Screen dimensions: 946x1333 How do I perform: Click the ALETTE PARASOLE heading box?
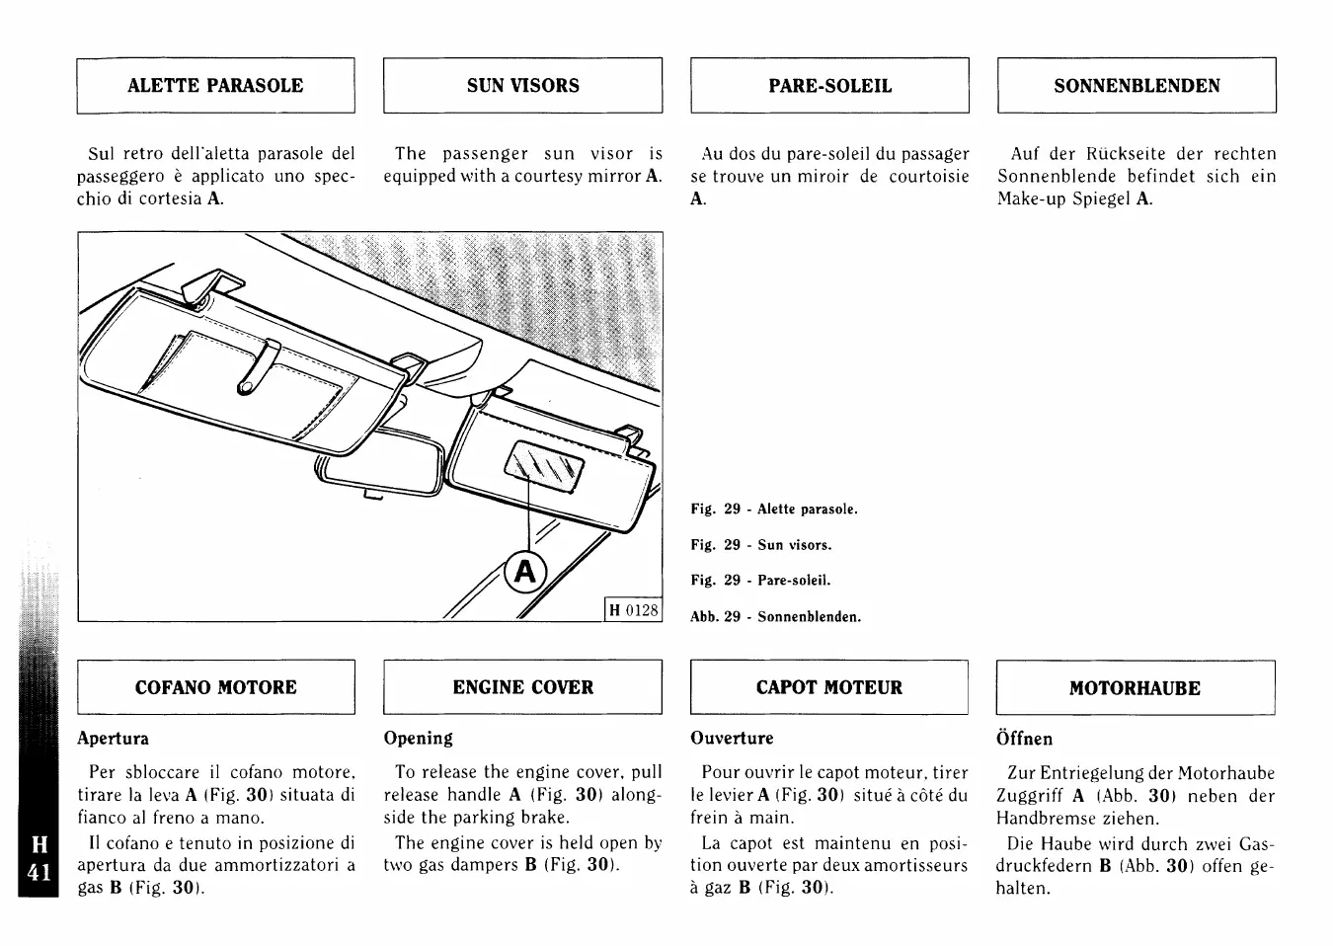click(x=215, y=86)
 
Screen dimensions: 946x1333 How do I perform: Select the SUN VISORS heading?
click(x=522, y=86)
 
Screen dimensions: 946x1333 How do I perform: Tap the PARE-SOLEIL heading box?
click(x=829, y=86)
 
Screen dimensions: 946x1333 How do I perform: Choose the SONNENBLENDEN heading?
click(x=1137, y=86)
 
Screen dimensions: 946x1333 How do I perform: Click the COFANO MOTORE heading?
click(x=215, y=687)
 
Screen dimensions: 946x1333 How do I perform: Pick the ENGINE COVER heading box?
click(x=522, y=687)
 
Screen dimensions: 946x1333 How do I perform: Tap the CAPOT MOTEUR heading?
click(x=829, y=687)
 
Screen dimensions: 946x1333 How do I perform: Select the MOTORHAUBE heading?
click(x=1135, y=687)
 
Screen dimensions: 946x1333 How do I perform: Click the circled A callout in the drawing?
click(x=524, y=572)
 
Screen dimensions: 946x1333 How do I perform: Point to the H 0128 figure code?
click(x=633, y=610)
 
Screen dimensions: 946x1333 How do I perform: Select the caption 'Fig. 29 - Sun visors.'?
click(x=760, y=545)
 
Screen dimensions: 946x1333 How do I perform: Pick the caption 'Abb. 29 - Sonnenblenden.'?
click(x=775, y=617)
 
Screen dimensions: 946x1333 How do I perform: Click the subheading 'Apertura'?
click(x=114, y=739)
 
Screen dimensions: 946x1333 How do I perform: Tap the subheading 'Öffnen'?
click(x=1024, y=739)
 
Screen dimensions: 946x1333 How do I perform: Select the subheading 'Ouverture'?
click(x=732, y=739)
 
